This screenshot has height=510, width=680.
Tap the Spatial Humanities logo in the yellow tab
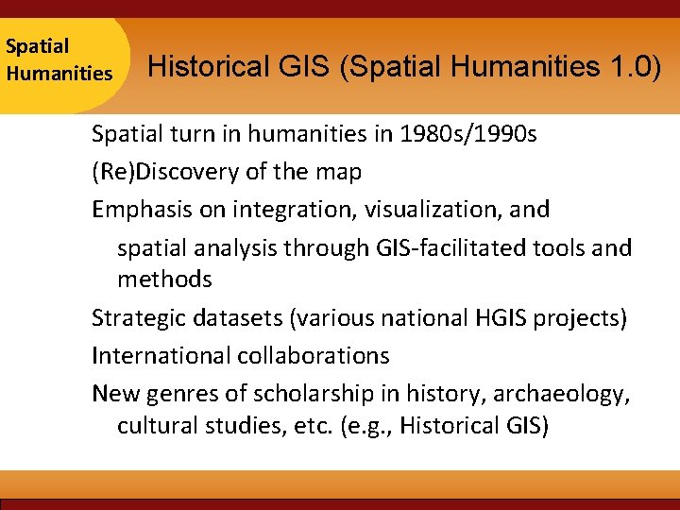pyautogui.click(x=59, y=59)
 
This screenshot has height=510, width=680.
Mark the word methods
pyautogui.click(x=164, y=280)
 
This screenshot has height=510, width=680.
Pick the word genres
pyautogui.click(x=177, y=394)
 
